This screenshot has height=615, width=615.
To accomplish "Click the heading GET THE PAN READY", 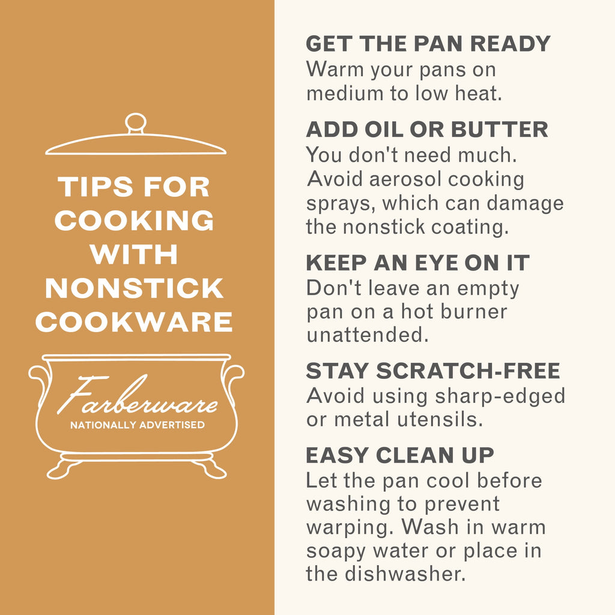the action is click(428, 43).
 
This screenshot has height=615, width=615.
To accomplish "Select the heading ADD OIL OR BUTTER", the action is click(427, 130).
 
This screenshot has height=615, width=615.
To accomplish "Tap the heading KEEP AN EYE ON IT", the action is click(418, 263).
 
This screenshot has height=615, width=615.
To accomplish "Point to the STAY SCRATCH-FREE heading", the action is click(433, 371).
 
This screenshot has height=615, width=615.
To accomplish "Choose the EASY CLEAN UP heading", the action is click(399, 455).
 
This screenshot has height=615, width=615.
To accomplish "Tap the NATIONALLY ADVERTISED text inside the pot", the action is click(138, 425).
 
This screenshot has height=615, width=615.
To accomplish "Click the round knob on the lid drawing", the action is click(136, 123).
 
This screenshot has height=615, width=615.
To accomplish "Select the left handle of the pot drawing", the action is click(39, 383).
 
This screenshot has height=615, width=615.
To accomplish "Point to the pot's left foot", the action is click(62, 468).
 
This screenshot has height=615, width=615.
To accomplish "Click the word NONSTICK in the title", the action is click(134, 288).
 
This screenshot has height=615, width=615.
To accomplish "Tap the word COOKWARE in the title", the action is click(134, 322).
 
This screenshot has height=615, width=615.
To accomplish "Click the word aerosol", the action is click(405, 180).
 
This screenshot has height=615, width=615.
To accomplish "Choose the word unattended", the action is click(368, 335).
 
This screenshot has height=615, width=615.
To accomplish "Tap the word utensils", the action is click(440, 419).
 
